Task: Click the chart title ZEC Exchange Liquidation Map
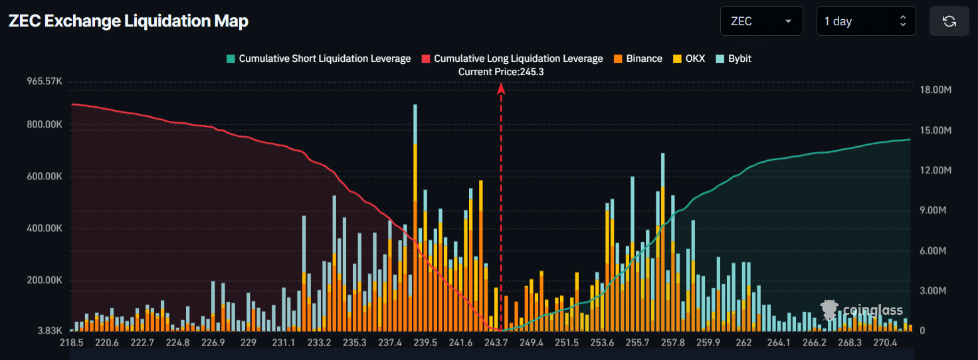(x=128, y=21)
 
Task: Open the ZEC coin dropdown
(x=761, y=21)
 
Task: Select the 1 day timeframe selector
(x=866, y=21)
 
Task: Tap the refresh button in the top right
(x=949, y=21)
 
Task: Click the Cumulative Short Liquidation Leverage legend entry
(x=318, y=58)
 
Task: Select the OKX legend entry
(x=690, y=58)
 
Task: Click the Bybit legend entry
(x=733, y=58)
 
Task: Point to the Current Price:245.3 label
(x=501, y=72)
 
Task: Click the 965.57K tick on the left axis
(x=44, y=82)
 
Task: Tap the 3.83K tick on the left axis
(x=49, y=331)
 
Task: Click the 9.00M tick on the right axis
(x=936, y=211)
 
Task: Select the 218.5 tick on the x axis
(x=71, y=343)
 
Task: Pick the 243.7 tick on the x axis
(x=496, y=343)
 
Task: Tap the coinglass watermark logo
(x=862, y=310)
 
